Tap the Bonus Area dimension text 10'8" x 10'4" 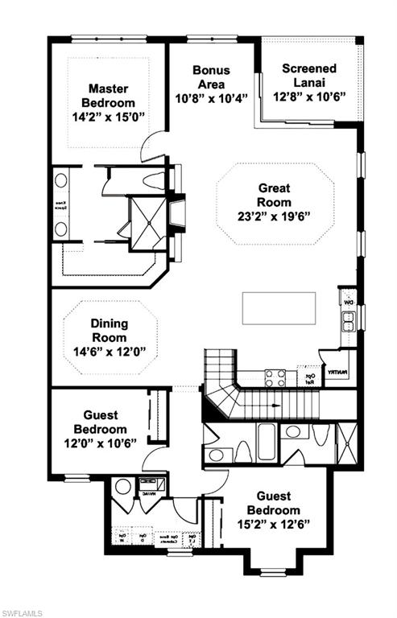[x=211, y=97]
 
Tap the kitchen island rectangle [x=279, y=307]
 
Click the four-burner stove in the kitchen [x=275, y=377]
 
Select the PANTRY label [x=337, y=373]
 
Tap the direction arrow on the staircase [x=274, y=406]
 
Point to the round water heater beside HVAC [x=122, y=486]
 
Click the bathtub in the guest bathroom [x=267, y=440]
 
